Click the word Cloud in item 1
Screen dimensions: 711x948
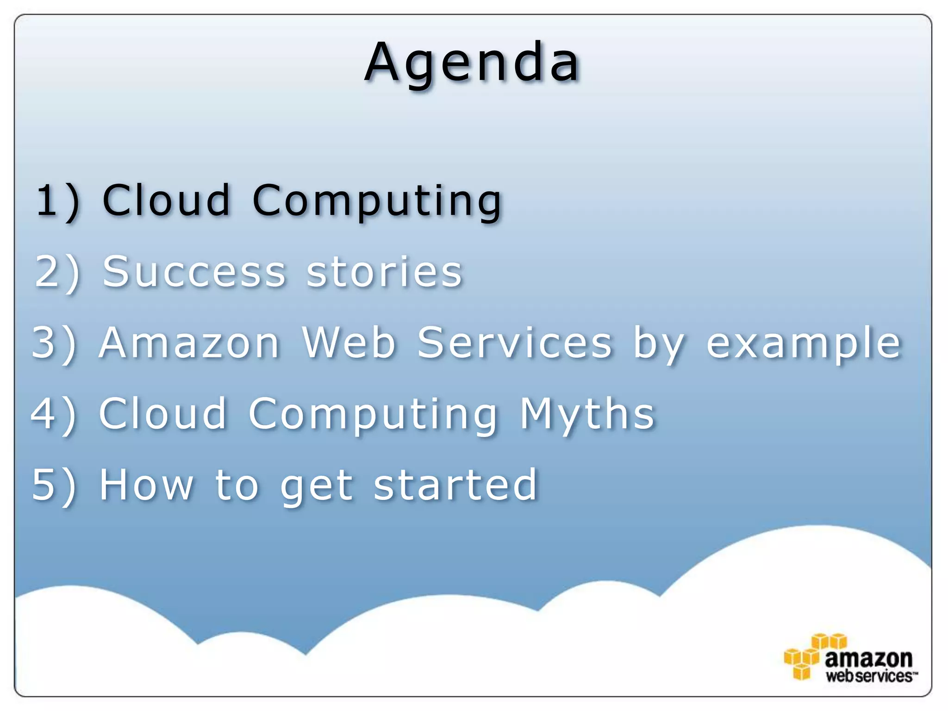click(166, 200)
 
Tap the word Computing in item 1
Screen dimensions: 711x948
click(377, 201)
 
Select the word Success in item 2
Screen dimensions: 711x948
click(194, 272)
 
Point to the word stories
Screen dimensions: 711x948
click(384, 272)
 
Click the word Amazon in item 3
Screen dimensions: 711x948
click(189, 343)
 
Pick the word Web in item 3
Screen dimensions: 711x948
click(349, 343)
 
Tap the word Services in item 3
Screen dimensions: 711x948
click(515, 343)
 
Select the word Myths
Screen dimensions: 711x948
click(587, 415)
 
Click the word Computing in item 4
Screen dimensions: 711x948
click(373, 415)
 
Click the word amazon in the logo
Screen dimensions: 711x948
click(868, 658)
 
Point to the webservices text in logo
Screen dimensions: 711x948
click(869, 676)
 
